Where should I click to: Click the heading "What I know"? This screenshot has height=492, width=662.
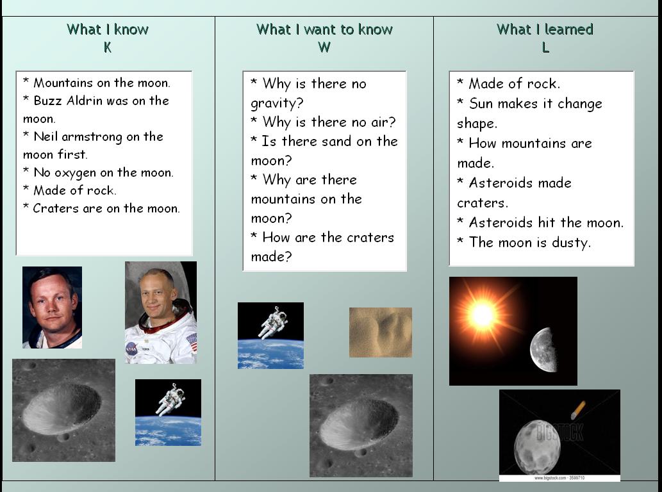pos(107,29)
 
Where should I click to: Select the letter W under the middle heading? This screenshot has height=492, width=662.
pos(324,47)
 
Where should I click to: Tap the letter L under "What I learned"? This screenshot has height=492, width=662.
pos(545,47)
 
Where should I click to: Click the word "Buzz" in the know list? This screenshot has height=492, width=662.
pos(47,101)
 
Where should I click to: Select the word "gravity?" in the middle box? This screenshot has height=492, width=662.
pos(277,103)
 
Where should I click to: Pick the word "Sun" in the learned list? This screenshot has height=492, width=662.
pos(481,104)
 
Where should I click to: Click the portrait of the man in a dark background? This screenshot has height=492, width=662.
pos(52,307)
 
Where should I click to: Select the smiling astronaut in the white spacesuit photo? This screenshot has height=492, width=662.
pos(160,312)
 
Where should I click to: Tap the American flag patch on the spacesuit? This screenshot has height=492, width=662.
pos(191,342)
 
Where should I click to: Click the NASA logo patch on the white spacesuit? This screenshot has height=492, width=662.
pos(131,349)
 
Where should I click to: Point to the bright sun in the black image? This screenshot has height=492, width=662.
pos(482,315)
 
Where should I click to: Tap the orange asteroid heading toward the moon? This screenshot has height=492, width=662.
pos(578,409)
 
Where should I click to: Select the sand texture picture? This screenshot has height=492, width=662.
pos(380,332)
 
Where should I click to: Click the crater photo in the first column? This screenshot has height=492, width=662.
pos(63,410)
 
